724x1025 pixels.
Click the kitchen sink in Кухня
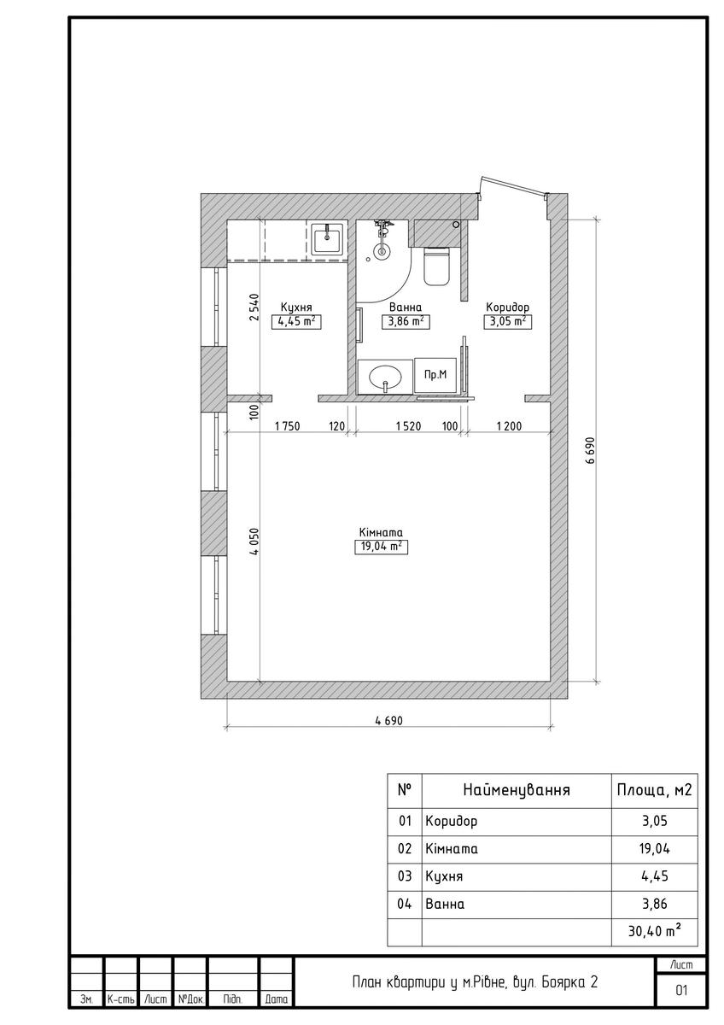326,238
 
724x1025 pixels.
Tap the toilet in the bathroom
436,266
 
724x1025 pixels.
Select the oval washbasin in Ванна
385,378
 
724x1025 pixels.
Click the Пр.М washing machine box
435,375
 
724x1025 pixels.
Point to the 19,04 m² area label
381,547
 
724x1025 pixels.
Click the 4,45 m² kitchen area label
296,321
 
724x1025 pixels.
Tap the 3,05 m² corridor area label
507,321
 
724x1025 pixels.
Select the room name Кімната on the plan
381,533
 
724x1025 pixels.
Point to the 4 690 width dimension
388,721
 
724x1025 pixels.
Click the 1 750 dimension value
287,426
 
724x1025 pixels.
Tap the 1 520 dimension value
408,426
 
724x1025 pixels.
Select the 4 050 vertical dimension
254,542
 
